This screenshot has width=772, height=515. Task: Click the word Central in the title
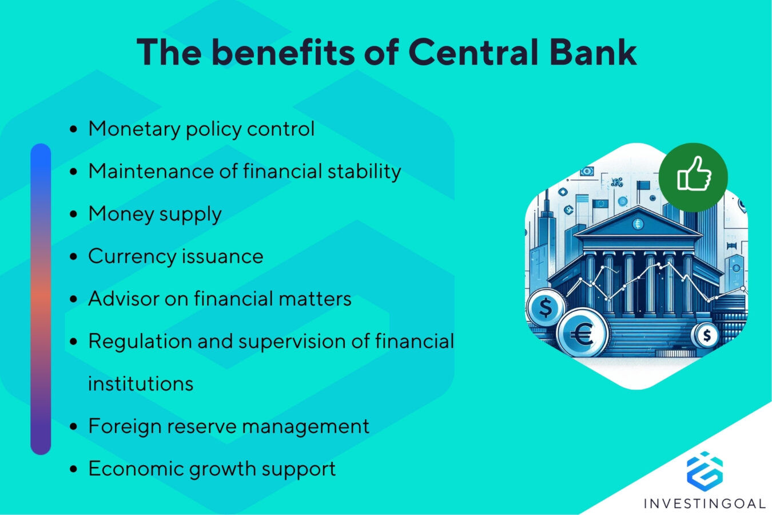(x=473, y=52)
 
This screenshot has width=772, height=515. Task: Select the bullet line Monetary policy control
(x=201, y=129)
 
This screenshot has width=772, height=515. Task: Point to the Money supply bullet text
(x=155, y=214)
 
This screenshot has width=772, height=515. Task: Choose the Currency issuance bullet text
(x=176, y=256)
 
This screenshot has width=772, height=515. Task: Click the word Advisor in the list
(x=123, y=299)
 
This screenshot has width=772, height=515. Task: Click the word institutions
(x=141, y=383)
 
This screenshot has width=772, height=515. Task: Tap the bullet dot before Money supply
(x=73, y=214)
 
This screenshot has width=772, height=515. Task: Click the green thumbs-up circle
(x=693, y=177)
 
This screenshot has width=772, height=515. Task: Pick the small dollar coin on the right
(x=707, y=335)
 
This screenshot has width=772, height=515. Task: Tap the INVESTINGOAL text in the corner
(x=704, y=504)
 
